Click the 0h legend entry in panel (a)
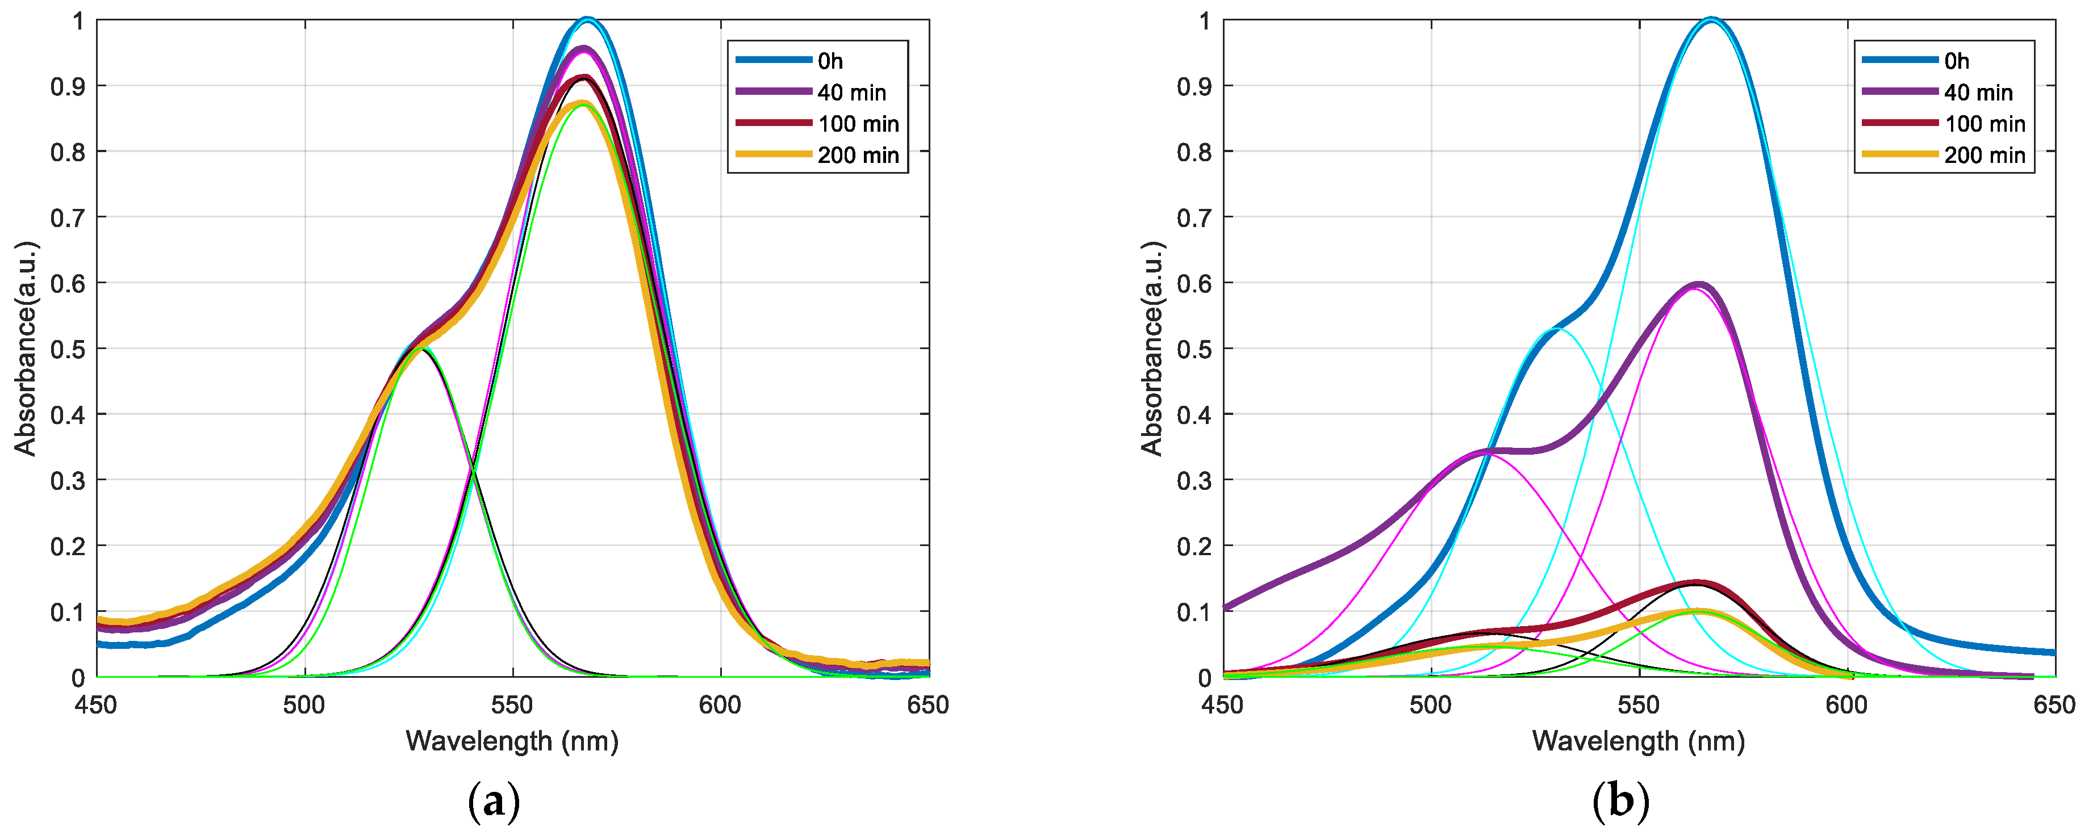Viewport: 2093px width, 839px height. click(x=829, y=61)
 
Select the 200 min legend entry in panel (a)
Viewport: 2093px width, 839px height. click(x=857, y=155)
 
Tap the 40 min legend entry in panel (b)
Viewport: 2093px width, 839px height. click(x=1978, y=93)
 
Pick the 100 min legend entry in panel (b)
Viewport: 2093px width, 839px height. click(x=1984, y=123)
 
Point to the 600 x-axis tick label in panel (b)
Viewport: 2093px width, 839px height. click(x=1847, y=705)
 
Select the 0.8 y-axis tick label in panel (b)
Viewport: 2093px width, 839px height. click(x=1193, y=152)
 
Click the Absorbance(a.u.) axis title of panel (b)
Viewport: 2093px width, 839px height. click(x=1151, y=349)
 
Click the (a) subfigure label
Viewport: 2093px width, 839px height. click(x=494, y=803)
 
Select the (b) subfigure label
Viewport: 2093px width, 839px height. click(x=1620, y=803)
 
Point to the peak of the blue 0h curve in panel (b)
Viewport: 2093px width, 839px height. click(x=1712, y=19)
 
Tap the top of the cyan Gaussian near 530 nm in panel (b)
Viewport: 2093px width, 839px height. click(x=1561, y=329)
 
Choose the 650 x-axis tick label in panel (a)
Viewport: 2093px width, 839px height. click(x=928, y=705)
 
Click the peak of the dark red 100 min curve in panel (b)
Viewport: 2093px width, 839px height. click(x=1695, y=582)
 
